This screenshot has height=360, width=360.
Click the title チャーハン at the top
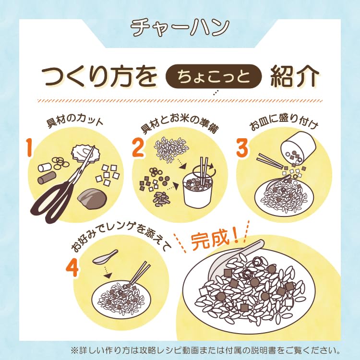(180, 27)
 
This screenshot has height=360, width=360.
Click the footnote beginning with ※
(206, 349)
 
